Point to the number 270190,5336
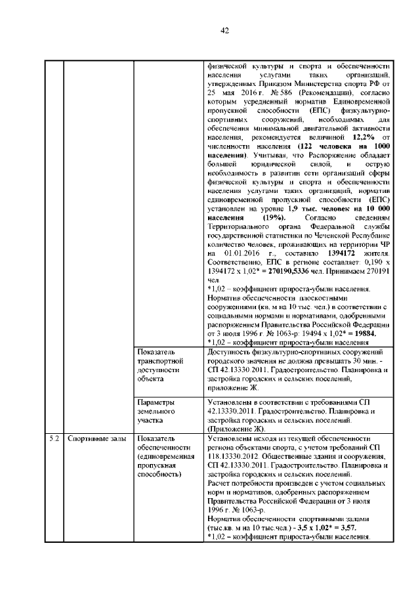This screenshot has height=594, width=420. (299, 269)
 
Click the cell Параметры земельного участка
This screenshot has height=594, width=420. (157, 410)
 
